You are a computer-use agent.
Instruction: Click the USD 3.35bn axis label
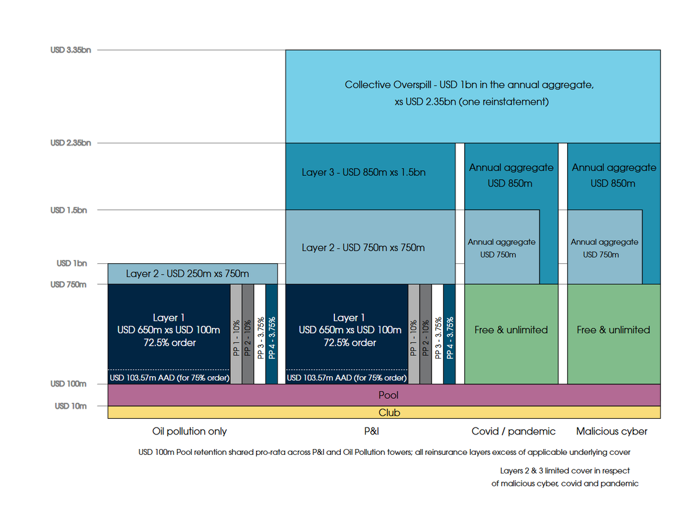[71, 50]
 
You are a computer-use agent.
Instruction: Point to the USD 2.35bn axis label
[71, 143]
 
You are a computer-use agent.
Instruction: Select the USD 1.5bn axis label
[69, 210]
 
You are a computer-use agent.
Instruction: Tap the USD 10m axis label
[70, 406]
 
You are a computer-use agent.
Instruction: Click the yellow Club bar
[384, 412]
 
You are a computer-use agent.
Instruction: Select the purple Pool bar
[384, 395]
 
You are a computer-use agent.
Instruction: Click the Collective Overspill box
[472, 93]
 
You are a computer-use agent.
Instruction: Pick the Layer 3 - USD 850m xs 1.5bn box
[364, 173]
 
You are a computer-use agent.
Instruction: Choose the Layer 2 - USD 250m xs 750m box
[187, 273]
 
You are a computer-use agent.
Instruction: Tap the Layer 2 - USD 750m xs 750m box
[364, 248]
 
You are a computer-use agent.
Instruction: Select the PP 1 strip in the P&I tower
[414, 335]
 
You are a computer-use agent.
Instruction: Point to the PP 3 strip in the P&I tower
[437, 335]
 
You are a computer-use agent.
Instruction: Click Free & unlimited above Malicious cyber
[613, 330]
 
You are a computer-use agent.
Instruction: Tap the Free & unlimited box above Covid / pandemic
[511, 330]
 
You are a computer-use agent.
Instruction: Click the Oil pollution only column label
[189, 432]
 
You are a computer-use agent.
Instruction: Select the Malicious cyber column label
[611, 432]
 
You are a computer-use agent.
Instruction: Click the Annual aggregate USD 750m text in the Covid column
[501, 248]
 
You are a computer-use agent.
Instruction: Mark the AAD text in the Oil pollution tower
[169, 378]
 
